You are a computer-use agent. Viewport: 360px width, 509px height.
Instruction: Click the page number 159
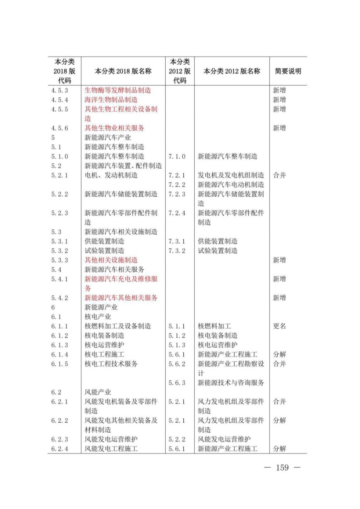pyautogui.click(x=282, y=467)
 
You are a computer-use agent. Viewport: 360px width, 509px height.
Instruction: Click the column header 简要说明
pyautogui.click(x=288, y=71)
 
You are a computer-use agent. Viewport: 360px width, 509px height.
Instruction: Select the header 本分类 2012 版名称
pyautogui.click(x=232, y=71)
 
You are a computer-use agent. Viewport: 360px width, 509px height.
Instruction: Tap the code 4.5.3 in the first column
pyautogui.click(x=60, y=90)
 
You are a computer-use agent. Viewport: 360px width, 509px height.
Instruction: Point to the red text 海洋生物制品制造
pyautogui.click(x=111, y=100)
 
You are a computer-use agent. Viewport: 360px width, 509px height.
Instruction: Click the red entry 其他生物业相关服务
pyautogui.click(x=114, y=128)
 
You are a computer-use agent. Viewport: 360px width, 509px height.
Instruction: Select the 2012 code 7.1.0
pyautogui.click(x=177, y=157)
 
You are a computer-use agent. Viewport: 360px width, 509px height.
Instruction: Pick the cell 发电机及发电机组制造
pyautogui.click(x=231, y=175)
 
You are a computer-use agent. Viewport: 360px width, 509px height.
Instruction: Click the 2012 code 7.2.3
pyautogui.click(x=177, y=194)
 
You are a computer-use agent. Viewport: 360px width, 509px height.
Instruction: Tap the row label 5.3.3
pyautogui.click(x=60, y=260)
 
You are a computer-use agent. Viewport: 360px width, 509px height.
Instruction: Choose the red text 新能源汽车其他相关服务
pyautogui.click(x=121, y=298)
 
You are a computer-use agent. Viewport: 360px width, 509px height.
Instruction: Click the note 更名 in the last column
pyautogui.click(x=279, y=326)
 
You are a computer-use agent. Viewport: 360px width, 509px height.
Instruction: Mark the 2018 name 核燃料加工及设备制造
pyautogui.click(x=118, y=326)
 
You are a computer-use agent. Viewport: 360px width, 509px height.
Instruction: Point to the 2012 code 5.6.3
pyautogui.click(x=177, y=383)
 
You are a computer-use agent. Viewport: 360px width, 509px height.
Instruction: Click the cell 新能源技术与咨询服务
pyautogui.click(x=231, y=383)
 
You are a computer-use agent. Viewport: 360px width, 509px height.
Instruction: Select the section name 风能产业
pyautogui.click(x=98, y=392)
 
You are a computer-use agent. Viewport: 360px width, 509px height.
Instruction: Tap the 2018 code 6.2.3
pyautogui.click(x=60, y=440)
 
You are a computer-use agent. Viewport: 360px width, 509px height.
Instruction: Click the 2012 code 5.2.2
pyautogui.click(x=177, y=440)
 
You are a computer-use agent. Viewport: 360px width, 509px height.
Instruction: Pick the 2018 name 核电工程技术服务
pyautogui.click(x=111, y=364)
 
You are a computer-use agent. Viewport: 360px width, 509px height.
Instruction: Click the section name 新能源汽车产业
pyautogui.click(x=108, y=138)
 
